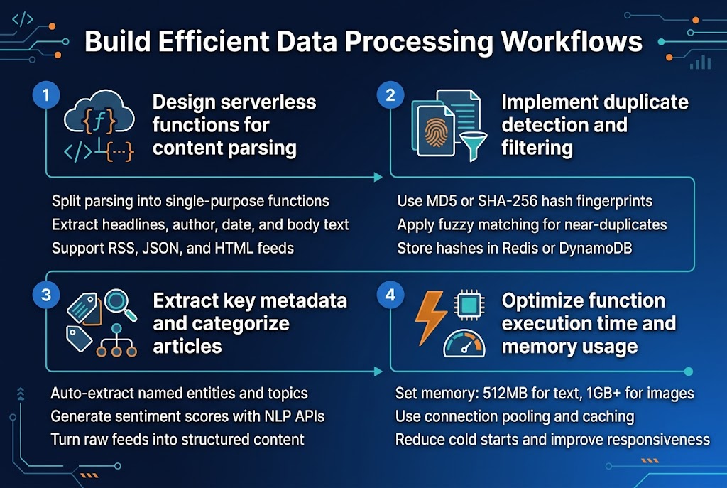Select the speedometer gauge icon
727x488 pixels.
pos(464,342)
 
